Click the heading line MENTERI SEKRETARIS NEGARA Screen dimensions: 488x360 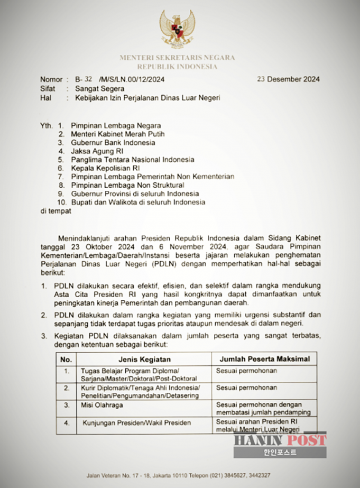point(178,58)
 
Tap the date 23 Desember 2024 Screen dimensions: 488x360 point(288,79)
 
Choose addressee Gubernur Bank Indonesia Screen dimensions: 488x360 point(113,143)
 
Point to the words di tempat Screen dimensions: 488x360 point(56,211)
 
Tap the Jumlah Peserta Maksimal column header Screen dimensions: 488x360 point(264,359)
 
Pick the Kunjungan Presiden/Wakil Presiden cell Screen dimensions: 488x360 point(136,423)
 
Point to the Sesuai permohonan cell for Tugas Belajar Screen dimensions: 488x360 point(246,371)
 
